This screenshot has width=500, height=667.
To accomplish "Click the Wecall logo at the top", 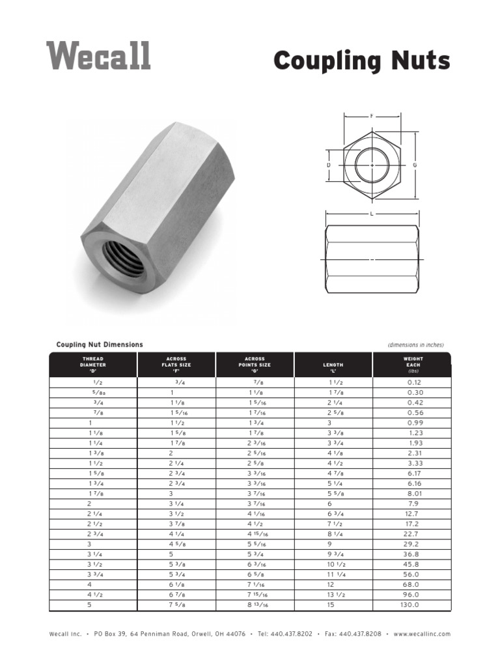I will tap(98, 56).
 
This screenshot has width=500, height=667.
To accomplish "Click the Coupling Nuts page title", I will tap(361, 61).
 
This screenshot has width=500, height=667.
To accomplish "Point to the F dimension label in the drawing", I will tap(372, 116).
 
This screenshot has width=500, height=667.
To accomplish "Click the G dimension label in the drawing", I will tap(415, 165).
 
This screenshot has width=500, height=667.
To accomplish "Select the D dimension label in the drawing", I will tap(329, 165).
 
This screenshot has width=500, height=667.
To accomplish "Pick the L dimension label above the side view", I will tap(371, 214).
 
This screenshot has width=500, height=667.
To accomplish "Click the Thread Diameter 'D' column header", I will tap(93, 365).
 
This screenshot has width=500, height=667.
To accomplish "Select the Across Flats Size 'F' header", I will tap(176, 365).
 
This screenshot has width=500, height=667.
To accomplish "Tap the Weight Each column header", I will tap(413, 365).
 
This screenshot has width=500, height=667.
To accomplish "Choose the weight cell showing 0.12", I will tap(414, 383).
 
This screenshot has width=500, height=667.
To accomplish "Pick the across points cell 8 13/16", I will tap(258, 604).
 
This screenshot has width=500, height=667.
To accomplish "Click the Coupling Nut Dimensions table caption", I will tap(100, 345).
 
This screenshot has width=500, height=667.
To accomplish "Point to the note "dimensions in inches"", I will tap(415, 345).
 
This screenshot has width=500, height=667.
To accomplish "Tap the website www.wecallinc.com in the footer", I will tap(421, 634).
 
